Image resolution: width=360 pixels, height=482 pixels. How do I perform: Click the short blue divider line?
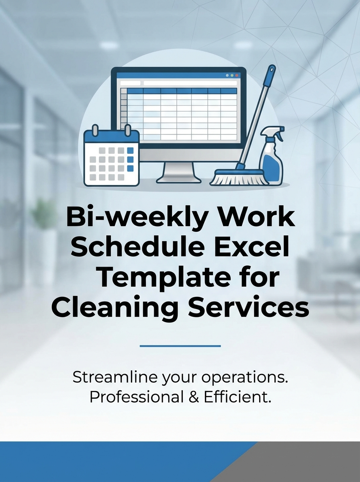(180, 346)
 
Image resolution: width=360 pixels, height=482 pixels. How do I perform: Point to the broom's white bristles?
(239, 179)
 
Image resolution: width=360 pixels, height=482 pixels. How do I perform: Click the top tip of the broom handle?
(272, 69)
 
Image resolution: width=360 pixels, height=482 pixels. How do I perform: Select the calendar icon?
(111, 157)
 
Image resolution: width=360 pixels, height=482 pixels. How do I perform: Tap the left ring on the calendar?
(96, 131)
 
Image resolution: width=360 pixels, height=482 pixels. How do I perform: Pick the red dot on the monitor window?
(237, 75)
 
